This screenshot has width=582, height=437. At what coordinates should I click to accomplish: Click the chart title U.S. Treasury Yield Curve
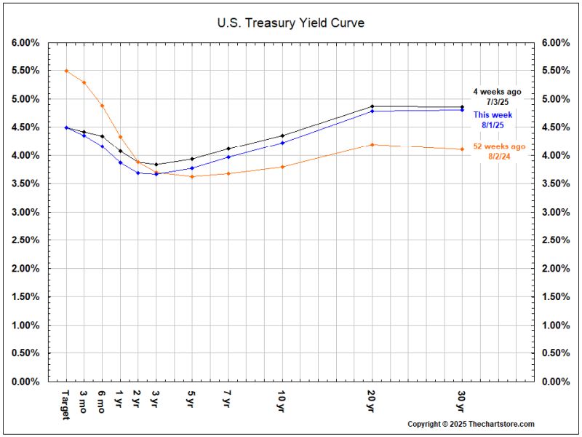coord(290,23)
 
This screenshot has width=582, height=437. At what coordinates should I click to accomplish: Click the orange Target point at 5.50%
coord(66,71)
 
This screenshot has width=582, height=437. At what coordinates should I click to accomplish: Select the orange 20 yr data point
coord(372,145)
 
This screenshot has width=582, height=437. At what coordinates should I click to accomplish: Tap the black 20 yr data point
coord(372,106)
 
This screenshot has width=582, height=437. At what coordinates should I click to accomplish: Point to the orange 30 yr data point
coord(462,149)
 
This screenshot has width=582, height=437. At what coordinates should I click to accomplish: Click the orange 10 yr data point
coord(282,167)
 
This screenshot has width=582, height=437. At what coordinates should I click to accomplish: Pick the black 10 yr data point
coord(282,135)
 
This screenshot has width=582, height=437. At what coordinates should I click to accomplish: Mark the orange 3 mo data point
coord(84,82)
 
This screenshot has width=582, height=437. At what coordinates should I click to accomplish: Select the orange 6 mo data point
coord(102,106)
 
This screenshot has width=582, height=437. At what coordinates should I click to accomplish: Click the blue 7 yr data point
coord(228,157)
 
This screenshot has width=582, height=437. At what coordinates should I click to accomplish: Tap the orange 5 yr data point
coord(192,176)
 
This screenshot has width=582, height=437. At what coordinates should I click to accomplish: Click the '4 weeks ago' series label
coord(497,92)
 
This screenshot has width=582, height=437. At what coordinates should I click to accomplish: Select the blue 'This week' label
coord(493,115)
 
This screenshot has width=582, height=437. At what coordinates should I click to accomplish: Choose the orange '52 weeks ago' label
coord(498,146)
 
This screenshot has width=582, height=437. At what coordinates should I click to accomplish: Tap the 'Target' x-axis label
coord(66,403)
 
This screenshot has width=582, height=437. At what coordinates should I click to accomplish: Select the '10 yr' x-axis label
coord(282,400)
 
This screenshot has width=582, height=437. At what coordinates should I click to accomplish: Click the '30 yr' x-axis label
coord(462,400)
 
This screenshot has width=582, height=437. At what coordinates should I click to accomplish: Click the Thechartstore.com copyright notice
coord(471,424)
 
